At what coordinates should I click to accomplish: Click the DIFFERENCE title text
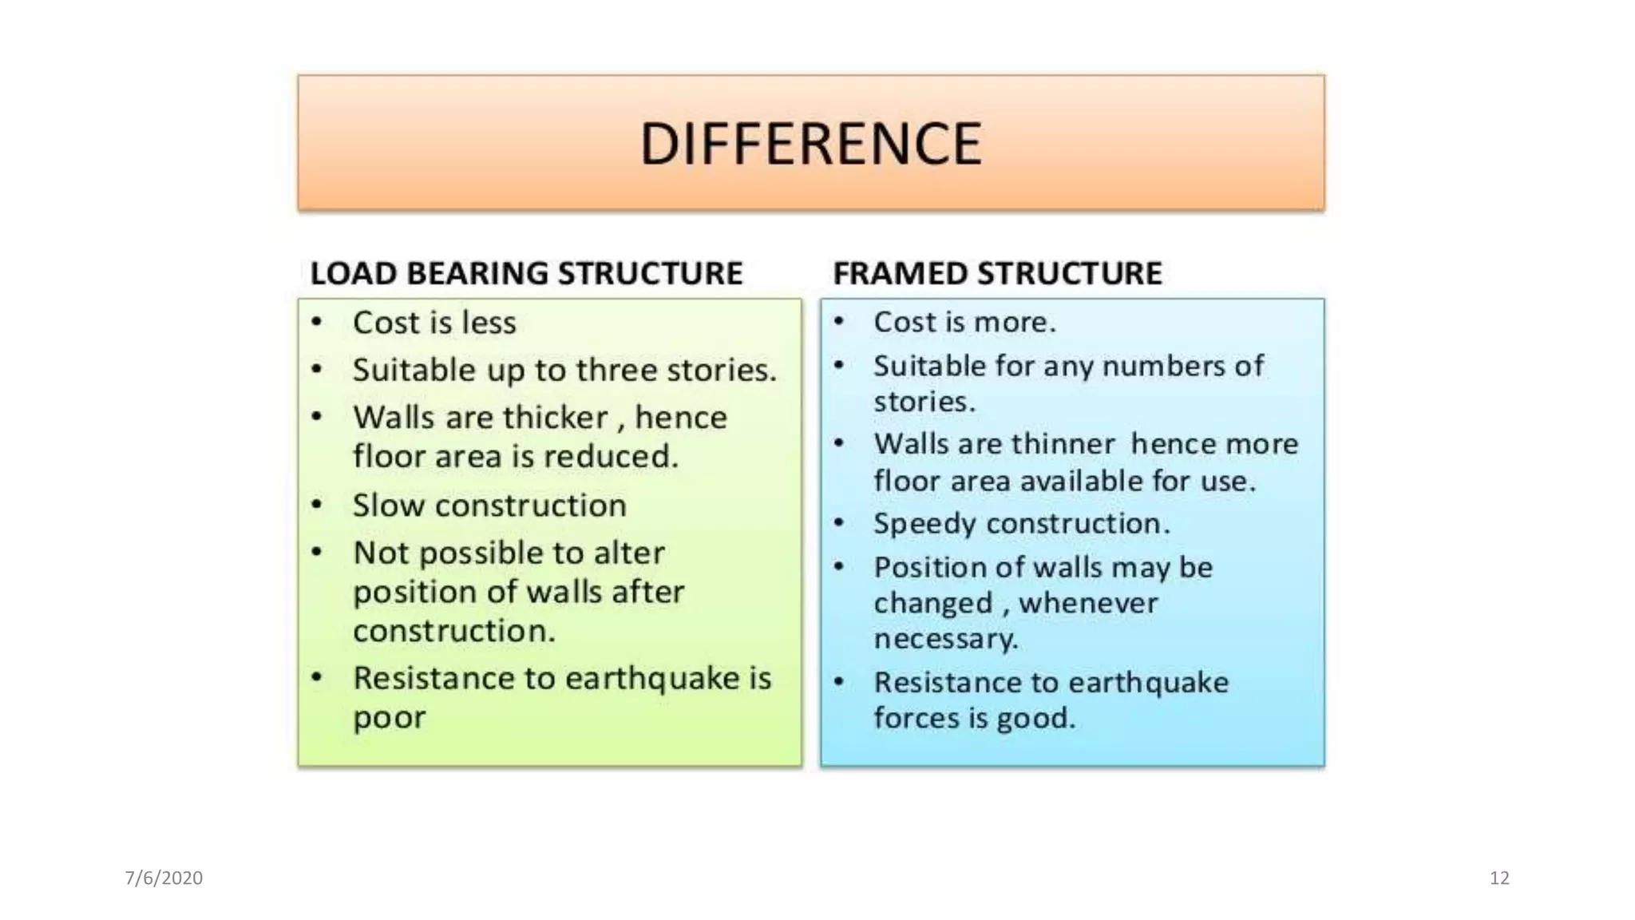(810, 144)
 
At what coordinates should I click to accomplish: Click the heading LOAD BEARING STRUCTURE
(526, 273)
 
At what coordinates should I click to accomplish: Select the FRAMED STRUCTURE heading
(997, 273)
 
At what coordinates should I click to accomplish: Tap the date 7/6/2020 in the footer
(164, 878)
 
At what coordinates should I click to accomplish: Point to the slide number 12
(1499, 878)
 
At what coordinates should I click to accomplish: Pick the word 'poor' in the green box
(389, 718)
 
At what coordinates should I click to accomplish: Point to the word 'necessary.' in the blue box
(945, 639)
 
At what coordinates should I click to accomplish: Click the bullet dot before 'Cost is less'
(317, 322)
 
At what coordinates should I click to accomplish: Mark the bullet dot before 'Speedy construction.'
(838, 523)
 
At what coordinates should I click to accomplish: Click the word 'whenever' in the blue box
(1088, 603)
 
